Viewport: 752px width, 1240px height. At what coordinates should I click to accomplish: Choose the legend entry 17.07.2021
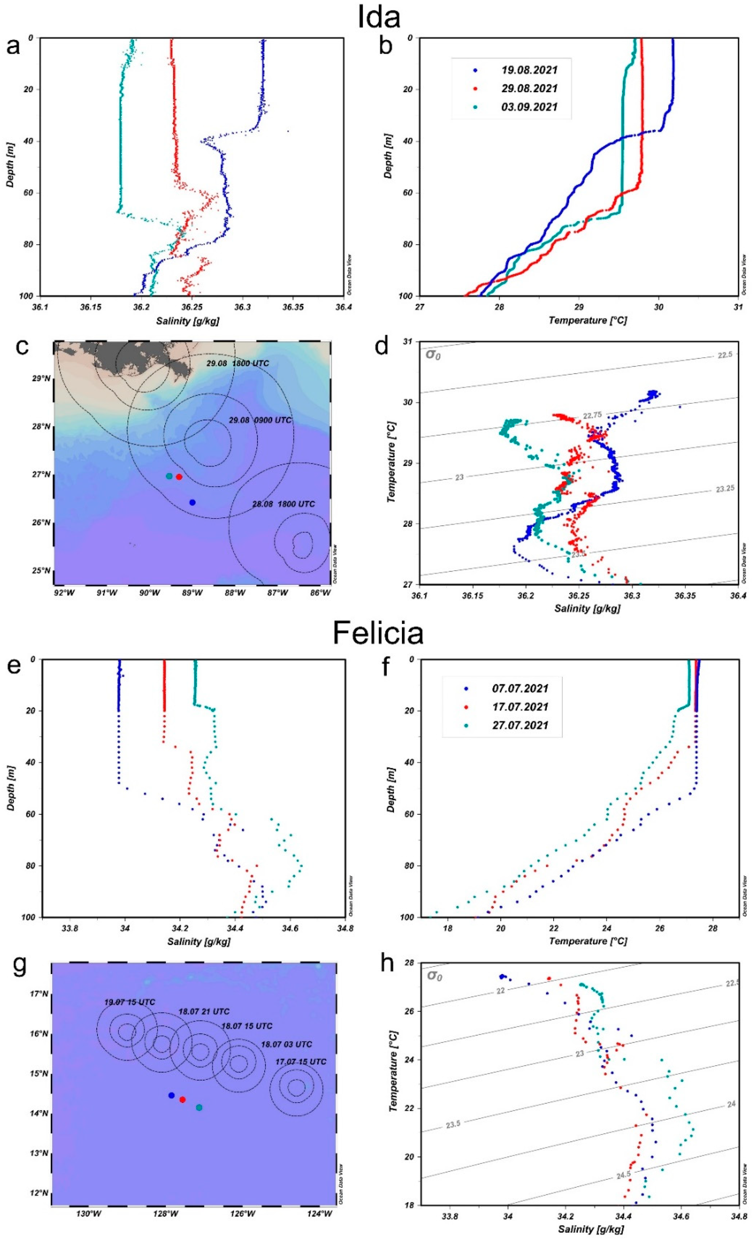pos(520,707)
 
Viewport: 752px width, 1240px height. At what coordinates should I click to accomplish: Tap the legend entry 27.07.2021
pos(520,725)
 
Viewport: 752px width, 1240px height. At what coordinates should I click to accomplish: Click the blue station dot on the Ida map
pos(192,502)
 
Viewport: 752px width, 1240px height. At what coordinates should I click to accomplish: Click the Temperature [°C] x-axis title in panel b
pos(588,320)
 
